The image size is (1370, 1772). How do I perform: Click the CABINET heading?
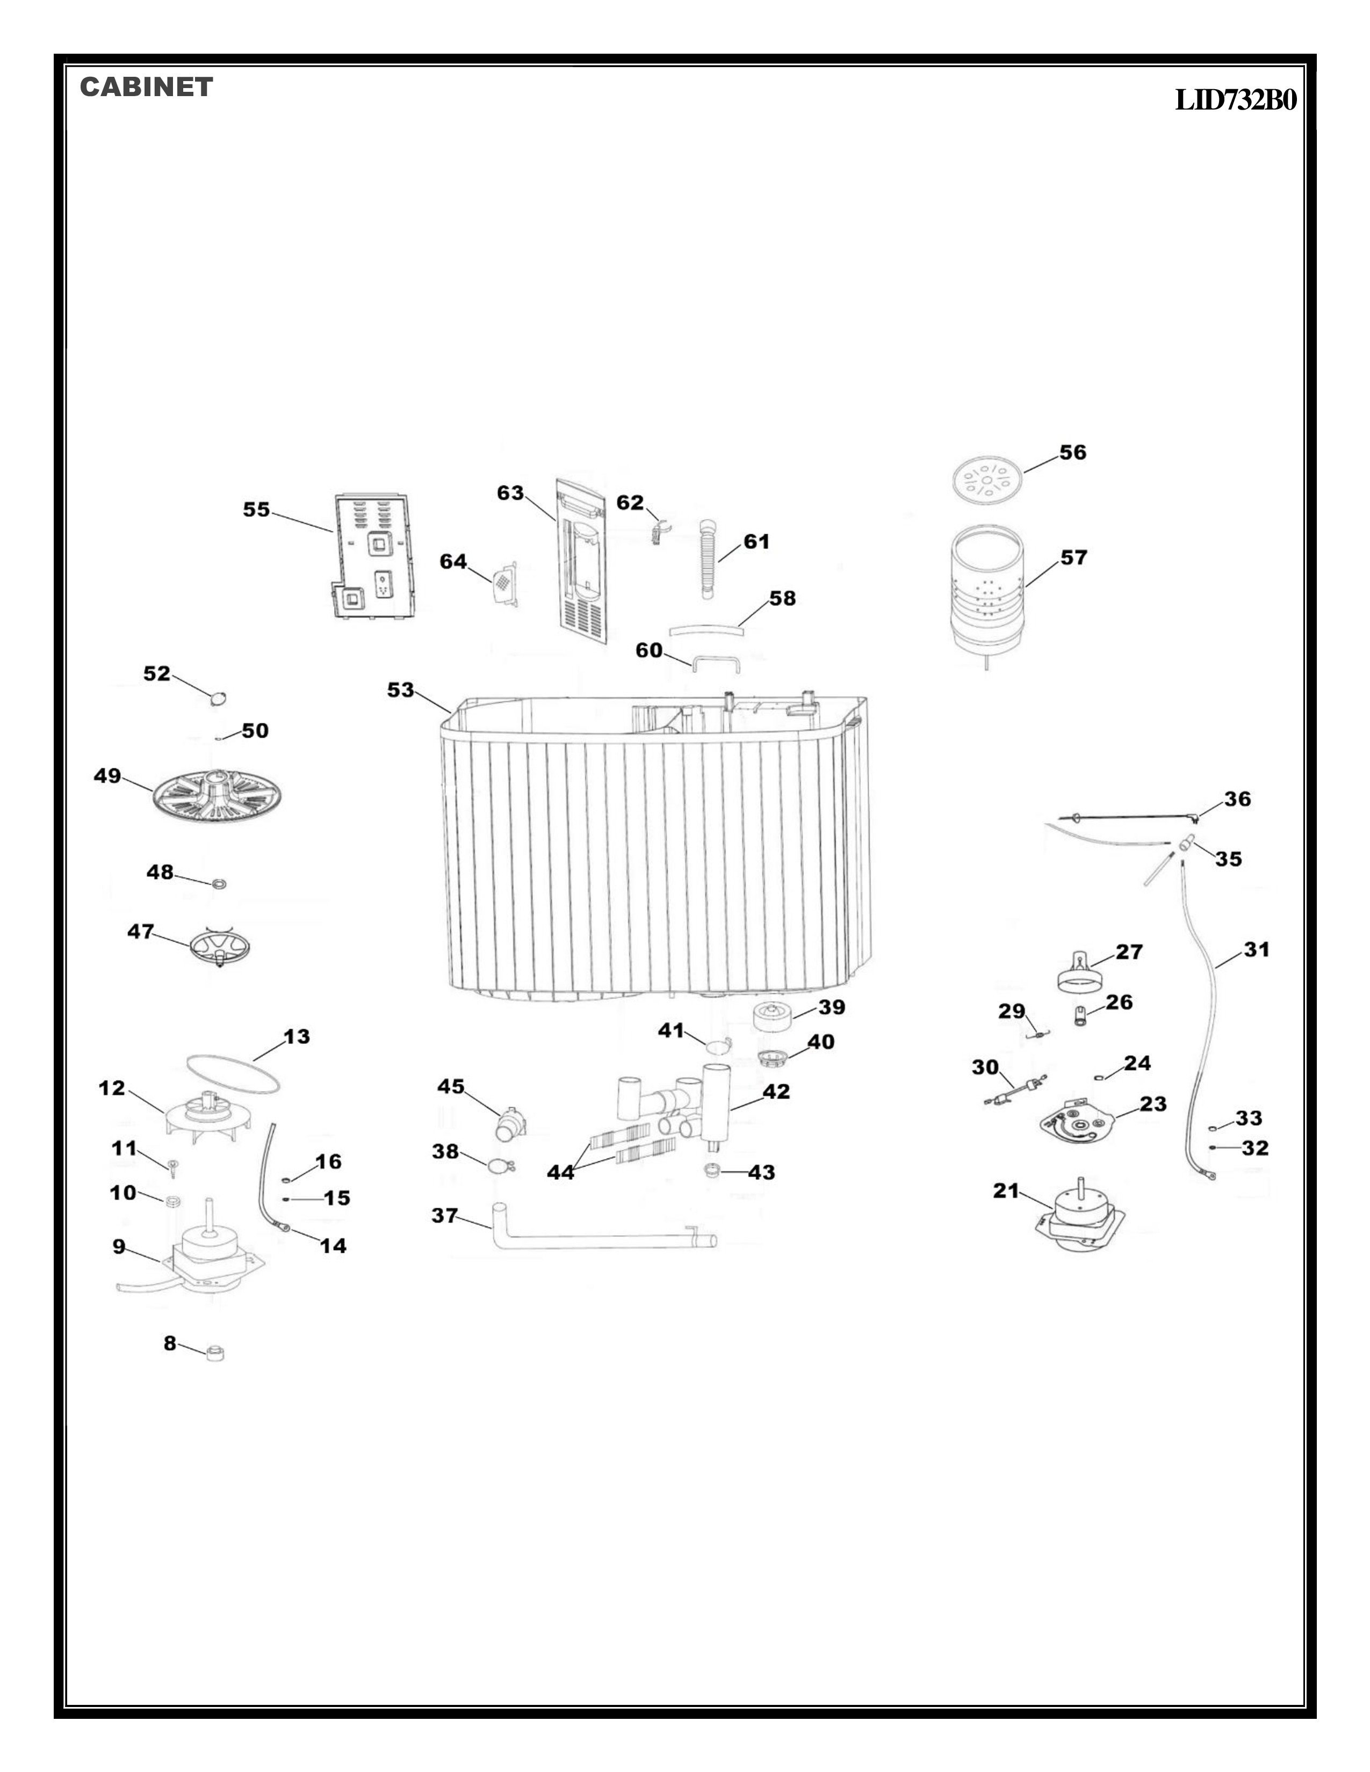click(x=146, y=88)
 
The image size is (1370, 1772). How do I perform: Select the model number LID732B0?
click(x=1235, y=100)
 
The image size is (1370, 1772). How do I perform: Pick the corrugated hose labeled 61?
click(x=709, y=560)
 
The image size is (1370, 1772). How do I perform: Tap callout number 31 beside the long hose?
click(x=1257, y=949)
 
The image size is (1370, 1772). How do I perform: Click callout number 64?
click(x=453, y=562)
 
